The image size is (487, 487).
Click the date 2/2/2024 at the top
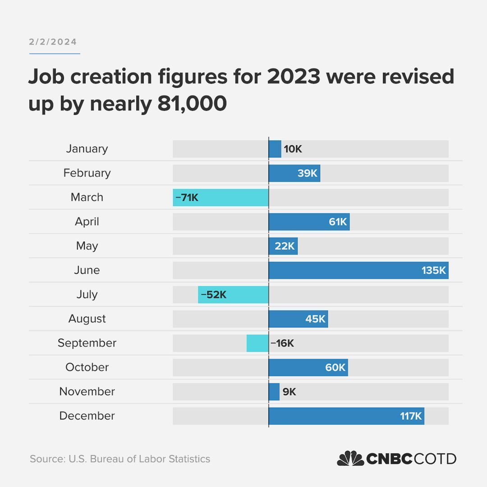pos(53,42)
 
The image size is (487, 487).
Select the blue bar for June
pos(358,271)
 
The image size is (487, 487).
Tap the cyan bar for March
pos(221,198)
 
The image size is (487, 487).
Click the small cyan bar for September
pos(257,343)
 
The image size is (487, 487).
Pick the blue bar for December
pos(346,416)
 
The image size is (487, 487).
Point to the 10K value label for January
pos(293,149)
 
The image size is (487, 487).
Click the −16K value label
pos(282,343)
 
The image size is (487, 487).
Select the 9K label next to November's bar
pos(289,392)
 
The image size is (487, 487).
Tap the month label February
pos(87,173)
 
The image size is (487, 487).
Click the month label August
pos(87,319)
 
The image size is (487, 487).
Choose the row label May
pos(87,246)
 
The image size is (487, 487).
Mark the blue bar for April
pos(309,222)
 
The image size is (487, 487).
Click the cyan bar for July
pos(233,295)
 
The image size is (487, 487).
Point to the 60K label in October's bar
pos(335,368)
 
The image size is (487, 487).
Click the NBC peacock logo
pos(350,459)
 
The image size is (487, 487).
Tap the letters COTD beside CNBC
pos(435,459)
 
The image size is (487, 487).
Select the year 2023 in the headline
pos(293,77)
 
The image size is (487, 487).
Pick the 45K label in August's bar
pos(315,319)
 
